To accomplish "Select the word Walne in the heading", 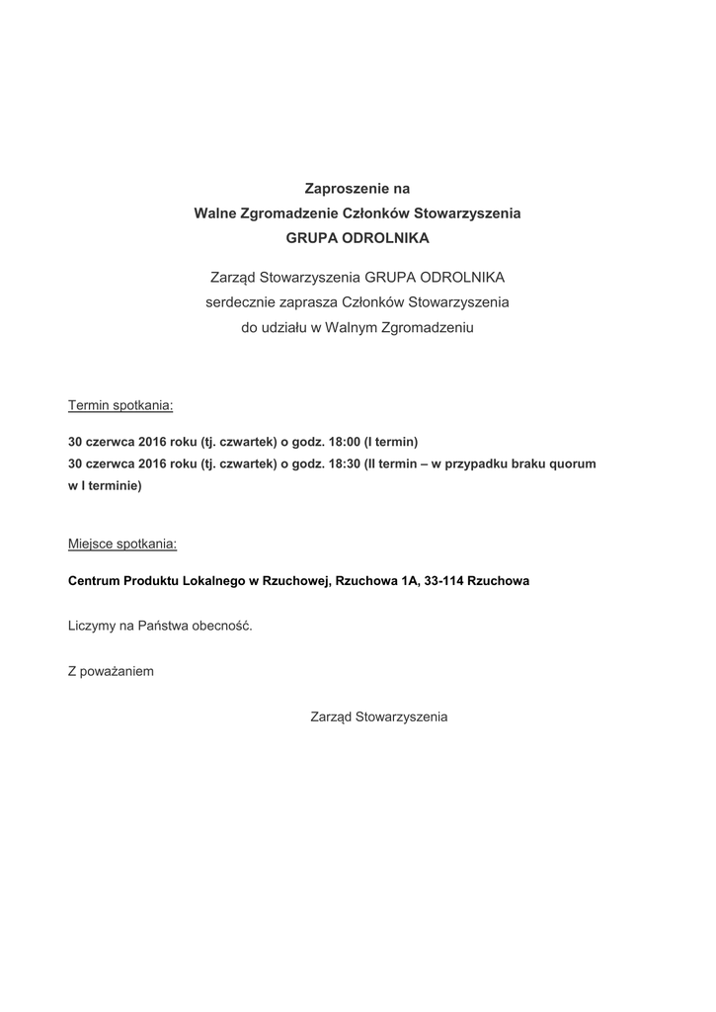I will click(x=214, y=213).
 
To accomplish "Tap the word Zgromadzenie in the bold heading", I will click(x=291, y=213).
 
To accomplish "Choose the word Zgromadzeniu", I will click(x=428, y=327).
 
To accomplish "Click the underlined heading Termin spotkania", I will click(x=120, y=405).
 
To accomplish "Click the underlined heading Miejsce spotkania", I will click(x=122, y=544).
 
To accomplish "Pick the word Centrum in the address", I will click(x=93, y=581).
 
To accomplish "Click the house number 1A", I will click(x=409, y=581).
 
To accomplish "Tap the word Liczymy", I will click(x=92, y=627).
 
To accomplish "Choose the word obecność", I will click(x=222, y=627).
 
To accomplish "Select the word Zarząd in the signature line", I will click(x=331, y=717).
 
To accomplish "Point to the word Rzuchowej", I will click(x=295, y=581).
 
